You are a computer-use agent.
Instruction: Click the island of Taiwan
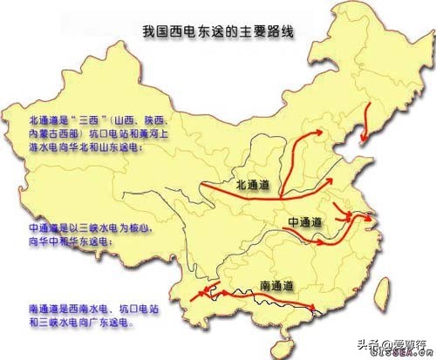pos(382,276)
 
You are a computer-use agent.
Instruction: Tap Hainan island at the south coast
pos(276,337)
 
